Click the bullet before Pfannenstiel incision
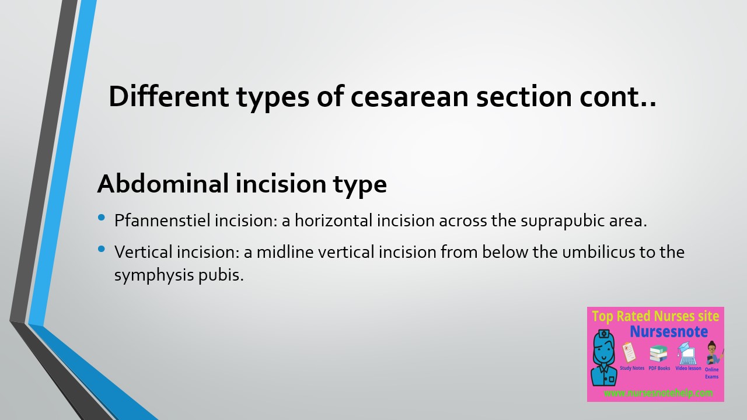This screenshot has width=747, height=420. (x=102, y=218)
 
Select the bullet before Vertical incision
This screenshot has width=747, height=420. (x=102, y=249)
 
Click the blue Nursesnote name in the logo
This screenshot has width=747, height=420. (x=669, y=332)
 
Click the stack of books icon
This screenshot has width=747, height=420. (x=658, y=353)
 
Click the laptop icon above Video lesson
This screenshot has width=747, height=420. (x=687, y=353)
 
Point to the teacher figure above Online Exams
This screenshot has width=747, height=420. (x=713, y=353)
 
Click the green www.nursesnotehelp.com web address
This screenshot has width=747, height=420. (x=658, y=393)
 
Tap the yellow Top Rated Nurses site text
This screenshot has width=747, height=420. (x=655, y=317)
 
